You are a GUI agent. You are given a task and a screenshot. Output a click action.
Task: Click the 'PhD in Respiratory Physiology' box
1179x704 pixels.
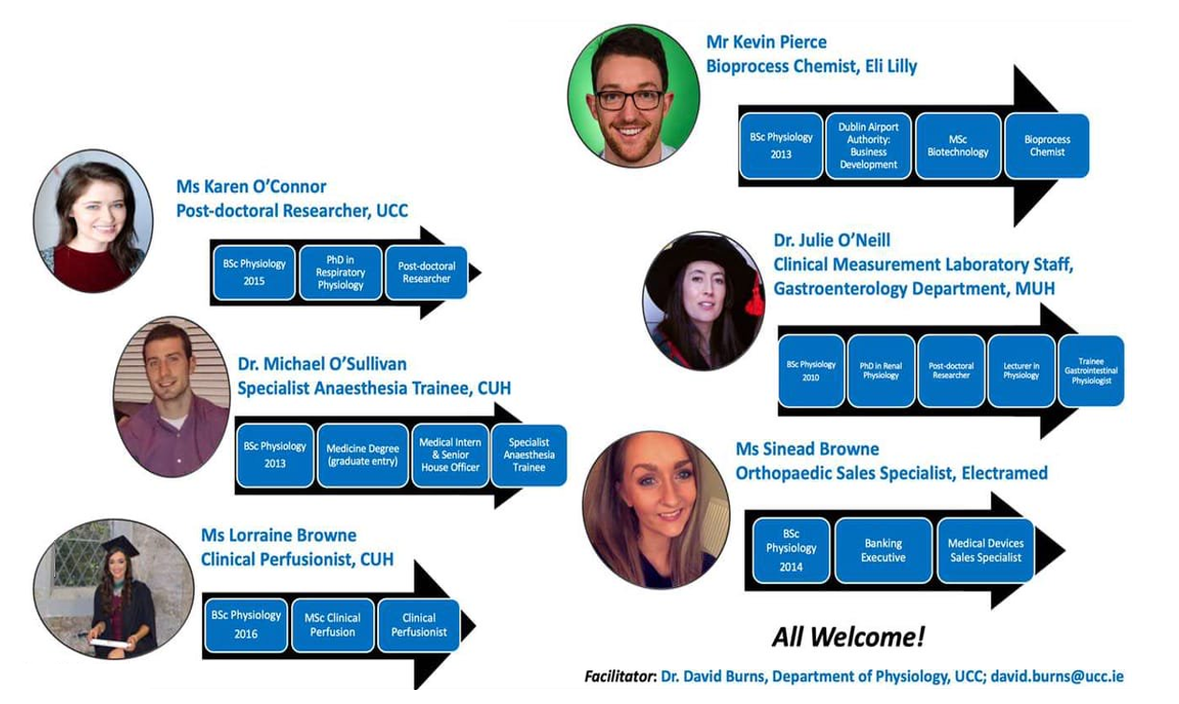pos(341,272)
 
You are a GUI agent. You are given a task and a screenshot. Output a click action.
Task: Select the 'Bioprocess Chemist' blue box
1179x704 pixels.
pos(1047,146)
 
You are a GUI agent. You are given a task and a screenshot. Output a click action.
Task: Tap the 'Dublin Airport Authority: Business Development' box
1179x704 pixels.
pos(868,146)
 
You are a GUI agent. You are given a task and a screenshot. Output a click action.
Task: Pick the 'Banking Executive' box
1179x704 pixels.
pos(883,550)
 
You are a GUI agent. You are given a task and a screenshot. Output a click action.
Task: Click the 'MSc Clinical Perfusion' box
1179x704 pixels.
pos(332,625)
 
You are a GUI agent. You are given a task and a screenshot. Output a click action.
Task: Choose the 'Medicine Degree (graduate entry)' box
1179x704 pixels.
pos(362,455)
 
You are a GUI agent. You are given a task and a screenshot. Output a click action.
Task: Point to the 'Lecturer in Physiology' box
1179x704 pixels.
pos(1021,371)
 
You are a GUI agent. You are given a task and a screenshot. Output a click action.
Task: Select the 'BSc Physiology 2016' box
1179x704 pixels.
pos(245,624)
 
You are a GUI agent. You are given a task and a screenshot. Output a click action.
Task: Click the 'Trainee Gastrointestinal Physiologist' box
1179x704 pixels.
pos(1091,371)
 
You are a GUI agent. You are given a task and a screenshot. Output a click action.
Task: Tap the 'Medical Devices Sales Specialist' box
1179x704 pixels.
pos(985,550)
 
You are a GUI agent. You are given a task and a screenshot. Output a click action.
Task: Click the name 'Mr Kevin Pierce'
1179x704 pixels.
pos(766,42)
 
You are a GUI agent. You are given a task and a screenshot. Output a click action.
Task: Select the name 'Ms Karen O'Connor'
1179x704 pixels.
pos(251,186)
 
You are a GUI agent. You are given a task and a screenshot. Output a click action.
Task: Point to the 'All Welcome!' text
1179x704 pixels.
pos(848,638)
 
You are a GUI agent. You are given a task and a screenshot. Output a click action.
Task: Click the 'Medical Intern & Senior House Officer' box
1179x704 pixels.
pos(450,455)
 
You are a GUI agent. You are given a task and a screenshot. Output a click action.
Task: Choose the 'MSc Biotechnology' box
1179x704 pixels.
pos(957,146)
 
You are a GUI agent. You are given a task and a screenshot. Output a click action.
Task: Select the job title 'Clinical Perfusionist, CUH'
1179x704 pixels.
pos(297,560)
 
